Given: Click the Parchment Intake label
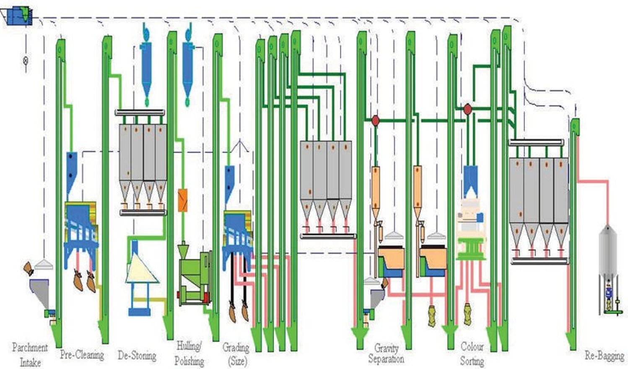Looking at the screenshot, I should click(x=30, y=355).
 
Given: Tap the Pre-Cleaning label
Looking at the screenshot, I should click(x=82, y=355).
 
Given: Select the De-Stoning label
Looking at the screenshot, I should click(x=137, y=356).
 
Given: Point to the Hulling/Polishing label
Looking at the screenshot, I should click(x=189, y=353).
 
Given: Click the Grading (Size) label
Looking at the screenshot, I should click(x=236, y=353).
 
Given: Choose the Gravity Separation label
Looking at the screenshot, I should click(x=386, y=353).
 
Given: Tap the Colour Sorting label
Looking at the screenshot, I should click(x=472, y=353).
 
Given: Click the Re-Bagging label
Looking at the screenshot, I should click(x=604, y=356).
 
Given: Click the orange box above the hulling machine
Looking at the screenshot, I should click(x=183, y=200).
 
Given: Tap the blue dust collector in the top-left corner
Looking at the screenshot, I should click(x=18, y=16).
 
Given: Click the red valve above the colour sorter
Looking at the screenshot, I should click(x=467, y=110).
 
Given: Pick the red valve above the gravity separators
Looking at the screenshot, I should click(x=375, y=121).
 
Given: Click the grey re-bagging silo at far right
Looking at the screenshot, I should click(x=608, y=252).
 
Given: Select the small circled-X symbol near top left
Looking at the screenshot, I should click(x=26, y=61).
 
